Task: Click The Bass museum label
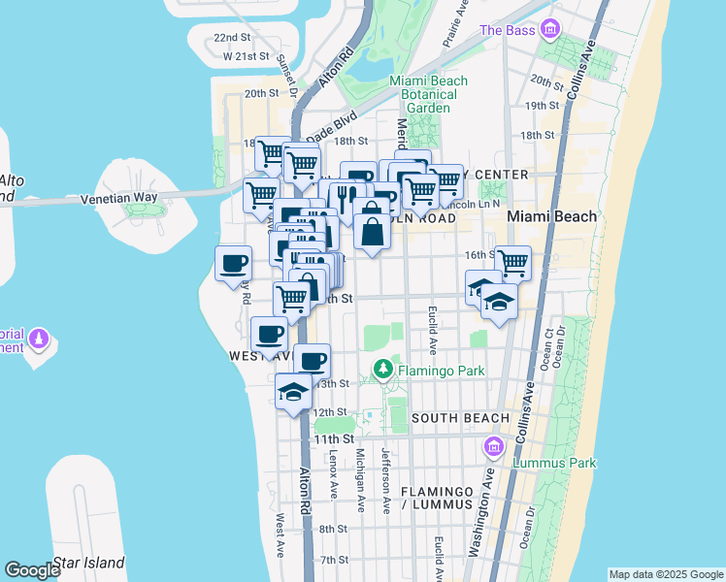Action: pyautogui.click(x=507, y=31)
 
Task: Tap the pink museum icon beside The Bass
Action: pyautogui.click(x=551, y=29)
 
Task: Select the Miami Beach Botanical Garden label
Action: pyautogui.click(x=428, y=94)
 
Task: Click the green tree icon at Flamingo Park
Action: pyautogui.click(x=384, y=370)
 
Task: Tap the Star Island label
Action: pyautogui.click(x=88, y=563)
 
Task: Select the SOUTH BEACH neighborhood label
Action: pyautogui.click(x=459, y=418)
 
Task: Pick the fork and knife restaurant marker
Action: pyautogui.click(x=346, y=197)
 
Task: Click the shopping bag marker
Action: pyautogui.click(x=372, y=231)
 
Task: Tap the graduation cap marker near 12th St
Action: pyautogui.click(x=292, y=391)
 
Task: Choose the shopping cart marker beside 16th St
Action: pyautogui.click(x=512, y=261)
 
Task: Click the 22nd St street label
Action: pyautogui.click(x=232, y=37)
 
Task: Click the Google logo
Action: pyautogui.click(x=33, y=570)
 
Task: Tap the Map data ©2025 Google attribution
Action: pyautogui.click(x=665, y=574)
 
